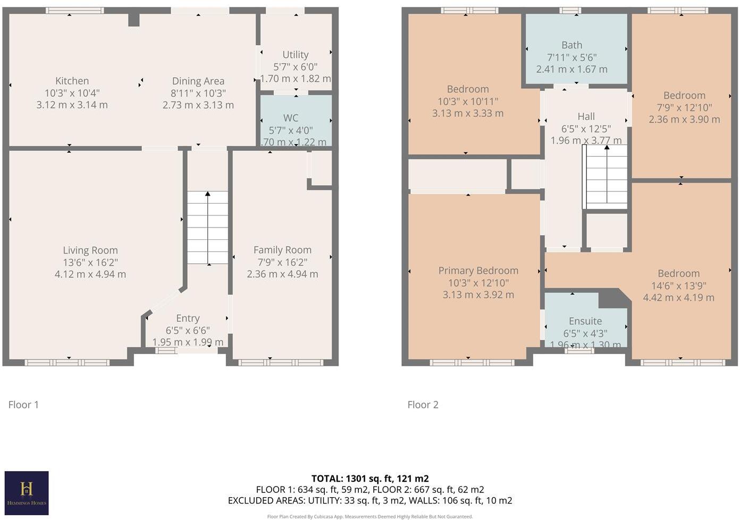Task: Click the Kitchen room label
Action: click(72, 81)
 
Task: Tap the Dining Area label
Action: click(198, 81)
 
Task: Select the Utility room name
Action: click(295, 54)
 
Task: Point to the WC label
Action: click(290, 118)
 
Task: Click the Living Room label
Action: click(90, 250)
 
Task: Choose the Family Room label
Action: click(282, 249)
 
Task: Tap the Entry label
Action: click(188, 318)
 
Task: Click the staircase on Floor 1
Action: click(207, 228)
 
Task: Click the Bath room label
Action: click(571, 45)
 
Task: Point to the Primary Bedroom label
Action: click(478, 271)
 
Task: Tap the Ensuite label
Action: click(585, 321)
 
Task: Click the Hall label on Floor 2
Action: click(586, 116)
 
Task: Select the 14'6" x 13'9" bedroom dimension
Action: click(678, 286)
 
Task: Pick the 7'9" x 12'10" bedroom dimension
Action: click(684, 107)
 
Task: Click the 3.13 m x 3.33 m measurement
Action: click(467, 113)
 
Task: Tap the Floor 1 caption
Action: click(23, 405)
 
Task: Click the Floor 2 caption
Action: click(423, 405)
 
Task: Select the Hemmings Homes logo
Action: click(27, 493)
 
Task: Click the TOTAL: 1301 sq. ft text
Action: click(370, 478)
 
